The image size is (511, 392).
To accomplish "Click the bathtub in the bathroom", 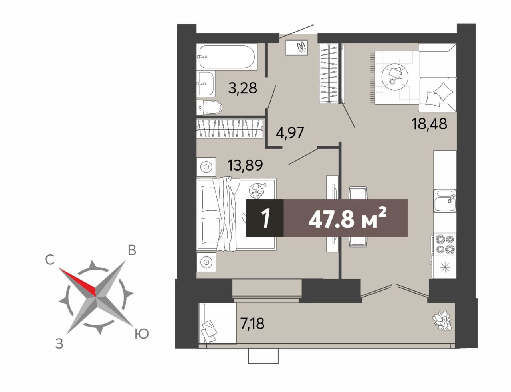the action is [x=227, y=57].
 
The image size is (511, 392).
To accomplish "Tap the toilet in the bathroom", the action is [x=209, y=108].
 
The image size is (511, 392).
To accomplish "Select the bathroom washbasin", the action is [x=206, y=83].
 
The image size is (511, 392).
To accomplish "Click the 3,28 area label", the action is [x=243, y=88].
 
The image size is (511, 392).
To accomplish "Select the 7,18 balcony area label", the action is [x=252, y=323].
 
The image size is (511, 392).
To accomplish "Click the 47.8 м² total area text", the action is [x=348, y=219].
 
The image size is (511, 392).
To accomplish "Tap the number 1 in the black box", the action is [x=266, y=219].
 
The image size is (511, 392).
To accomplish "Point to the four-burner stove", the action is [x=444, y=244].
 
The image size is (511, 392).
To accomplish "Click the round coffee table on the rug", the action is [x=395, y=77].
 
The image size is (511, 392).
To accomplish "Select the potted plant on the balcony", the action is [x=442, y=321].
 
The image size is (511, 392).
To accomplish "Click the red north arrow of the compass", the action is [x=77, y=282].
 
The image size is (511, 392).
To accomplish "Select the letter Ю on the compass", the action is [x=142, y=333].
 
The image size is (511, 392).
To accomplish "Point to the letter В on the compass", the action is [x=132, y=251].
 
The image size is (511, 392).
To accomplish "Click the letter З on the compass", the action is [x=59, y=344].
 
